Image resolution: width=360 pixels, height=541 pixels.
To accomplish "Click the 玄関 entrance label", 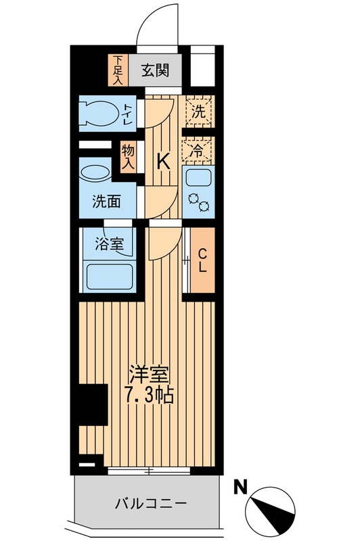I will click(x=156, y=70).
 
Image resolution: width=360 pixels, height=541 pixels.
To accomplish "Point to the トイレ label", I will click(x=127, y=114).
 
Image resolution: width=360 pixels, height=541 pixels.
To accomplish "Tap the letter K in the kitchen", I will click(x=163, y=161).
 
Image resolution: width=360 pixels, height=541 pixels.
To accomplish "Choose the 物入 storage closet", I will click(x=128, y=158).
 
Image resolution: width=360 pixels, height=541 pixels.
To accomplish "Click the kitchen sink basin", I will click(x=198, y=180).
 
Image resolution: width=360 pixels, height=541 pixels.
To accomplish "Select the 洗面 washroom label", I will click(x=106, y=200).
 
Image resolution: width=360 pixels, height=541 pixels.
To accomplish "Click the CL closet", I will click(x=202, y=260).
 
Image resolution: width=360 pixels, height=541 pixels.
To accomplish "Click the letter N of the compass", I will click(x=240, y=485).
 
